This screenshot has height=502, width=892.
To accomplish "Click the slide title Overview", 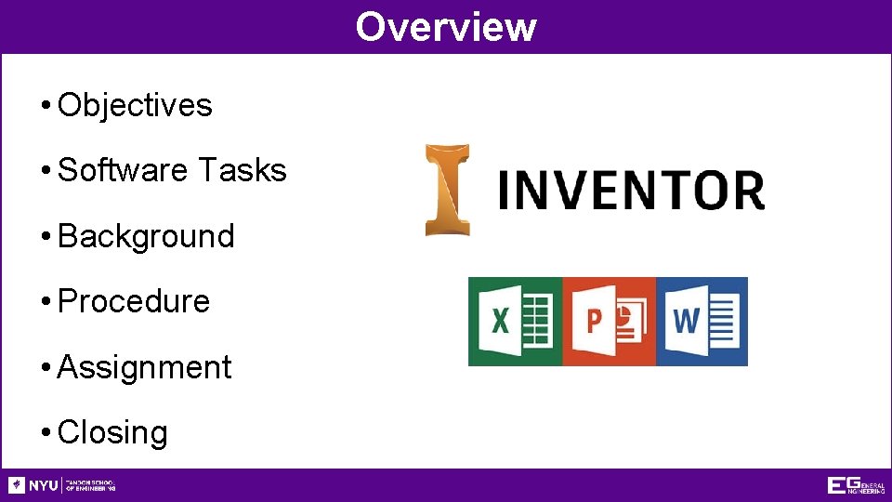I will [446, 26].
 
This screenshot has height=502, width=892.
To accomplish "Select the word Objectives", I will [135, 106].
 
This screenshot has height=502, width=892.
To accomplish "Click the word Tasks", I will [242, 171].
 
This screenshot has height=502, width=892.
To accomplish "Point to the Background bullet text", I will [146, 236].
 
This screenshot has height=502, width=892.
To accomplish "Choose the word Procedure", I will [134, 302].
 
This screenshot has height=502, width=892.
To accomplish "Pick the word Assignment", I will [144, 367].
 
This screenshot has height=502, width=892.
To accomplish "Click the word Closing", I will [112, 433].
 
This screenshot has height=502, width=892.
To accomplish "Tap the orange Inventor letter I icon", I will [447, 190].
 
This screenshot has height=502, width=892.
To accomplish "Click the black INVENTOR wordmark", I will [631, 190].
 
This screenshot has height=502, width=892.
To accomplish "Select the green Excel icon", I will [515, 322].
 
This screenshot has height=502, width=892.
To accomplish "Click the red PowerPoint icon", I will [609, 322].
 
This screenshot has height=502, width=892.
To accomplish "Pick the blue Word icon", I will [702, 322].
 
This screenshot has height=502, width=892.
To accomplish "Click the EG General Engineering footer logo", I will [856, 485].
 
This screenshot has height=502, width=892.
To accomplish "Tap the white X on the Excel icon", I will [500, 322].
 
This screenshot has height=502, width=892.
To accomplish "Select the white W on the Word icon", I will [686, 321].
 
